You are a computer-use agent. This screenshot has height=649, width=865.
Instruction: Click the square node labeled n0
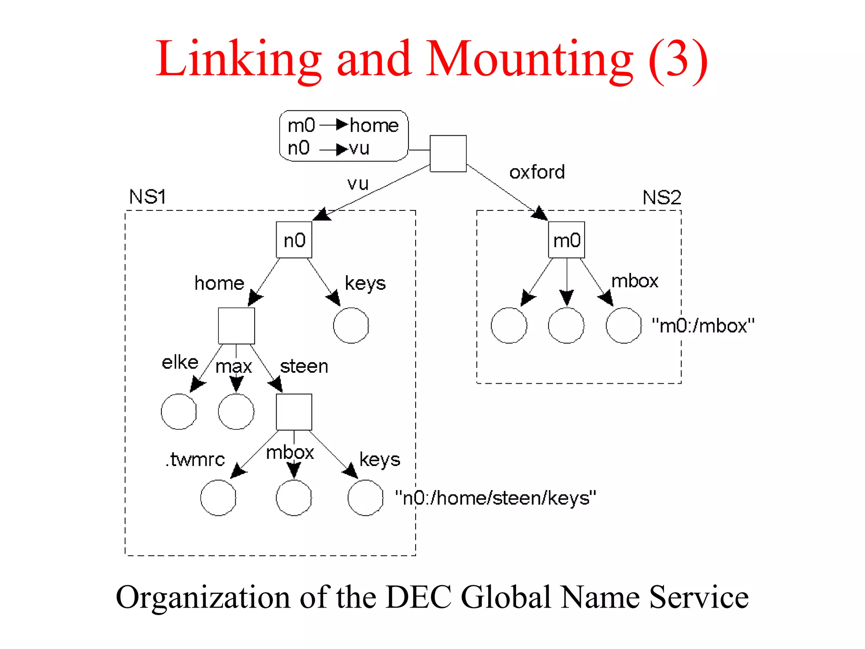294,240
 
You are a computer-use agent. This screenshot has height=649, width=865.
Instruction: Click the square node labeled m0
566,240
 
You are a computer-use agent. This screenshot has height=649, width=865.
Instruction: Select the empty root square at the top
448,153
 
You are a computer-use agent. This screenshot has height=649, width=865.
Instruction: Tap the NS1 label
147,197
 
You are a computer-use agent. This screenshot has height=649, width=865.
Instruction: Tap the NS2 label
661,197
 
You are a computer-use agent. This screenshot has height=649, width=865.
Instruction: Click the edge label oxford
537,172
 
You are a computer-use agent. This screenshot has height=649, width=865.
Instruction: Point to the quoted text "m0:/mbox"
703,326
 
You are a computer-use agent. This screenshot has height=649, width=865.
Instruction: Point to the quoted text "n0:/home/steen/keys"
495,498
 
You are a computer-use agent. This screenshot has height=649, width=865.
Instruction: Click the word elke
180,363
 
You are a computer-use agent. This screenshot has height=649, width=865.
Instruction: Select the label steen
304,366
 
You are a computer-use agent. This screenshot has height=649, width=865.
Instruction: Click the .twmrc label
195,459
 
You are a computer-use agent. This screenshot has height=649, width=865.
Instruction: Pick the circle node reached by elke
179,412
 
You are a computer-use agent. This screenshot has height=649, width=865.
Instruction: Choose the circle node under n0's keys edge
351,325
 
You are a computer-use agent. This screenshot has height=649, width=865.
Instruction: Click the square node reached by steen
294,412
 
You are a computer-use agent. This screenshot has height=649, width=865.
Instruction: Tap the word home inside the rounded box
374,125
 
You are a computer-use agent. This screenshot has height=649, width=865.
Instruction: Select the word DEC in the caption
419,597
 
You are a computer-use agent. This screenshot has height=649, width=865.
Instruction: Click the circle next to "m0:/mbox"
623,325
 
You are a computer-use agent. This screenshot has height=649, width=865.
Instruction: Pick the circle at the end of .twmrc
218,498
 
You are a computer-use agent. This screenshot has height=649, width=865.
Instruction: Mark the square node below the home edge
237,326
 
